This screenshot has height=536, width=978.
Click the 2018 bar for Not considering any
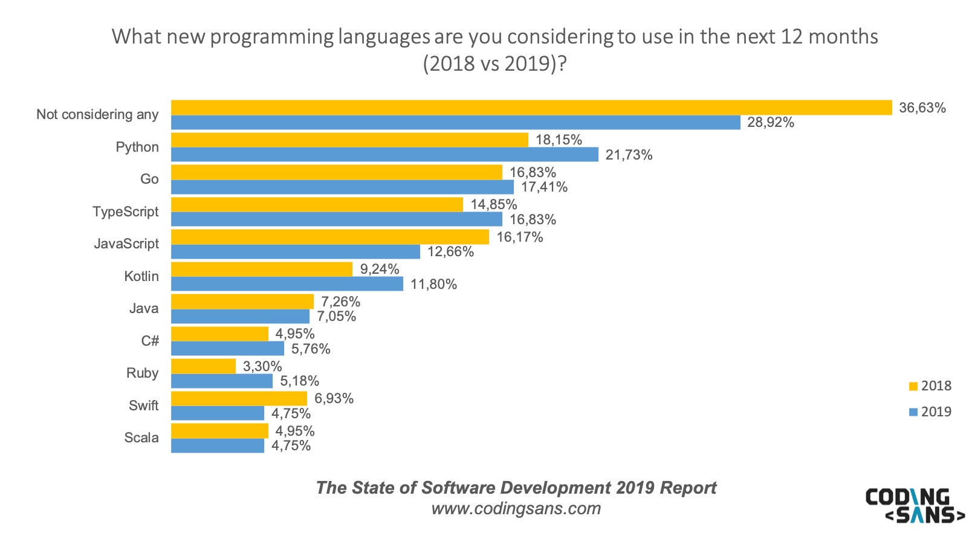pyautogui.click(x=531, y=108)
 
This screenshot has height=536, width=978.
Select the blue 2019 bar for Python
pyautogui.click(x=384, y=155)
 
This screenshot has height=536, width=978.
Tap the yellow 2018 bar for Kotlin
pyautogui.click(x=261, y=269)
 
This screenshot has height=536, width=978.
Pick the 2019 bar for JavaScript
pyautogui.click(x=295, y=251)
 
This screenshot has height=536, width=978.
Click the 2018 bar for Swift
pyautogui.click(x=239, y=398)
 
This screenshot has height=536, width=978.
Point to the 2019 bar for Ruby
pyautogui.click(x=221, y=381)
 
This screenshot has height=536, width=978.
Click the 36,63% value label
pyautogui.click(x=922, y=108)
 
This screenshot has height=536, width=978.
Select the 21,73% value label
pyautogui.click(x=629, y=155)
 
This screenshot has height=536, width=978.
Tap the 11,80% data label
pyautogui.click(x=433, y=284)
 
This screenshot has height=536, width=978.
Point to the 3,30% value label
pyautogui.click(x=262, y=366)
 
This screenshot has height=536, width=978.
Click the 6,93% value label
pyautogui.click(x=334, y=398)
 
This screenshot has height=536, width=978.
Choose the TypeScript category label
pyautogui.click(x=125, y=211)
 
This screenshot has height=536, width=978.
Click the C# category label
pyautogui.click(x=150, y=341)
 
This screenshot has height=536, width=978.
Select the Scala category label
pyautogui.click(x=141, y=438)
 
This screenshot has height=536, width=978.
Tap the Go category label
pyautogui.click(x=149, y=179)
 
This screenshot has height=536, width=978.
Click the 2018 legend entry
pyautogui.click(x=930, y=386)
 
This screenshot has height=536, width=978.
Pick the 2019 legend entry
pyautogui.click(x=930, y=412)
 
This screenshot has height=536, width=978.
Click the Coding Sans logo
pyautogui.click(x=915, y=505)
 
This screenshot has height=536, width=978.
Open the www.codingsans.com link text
pyautogui.click(x=516, y=508)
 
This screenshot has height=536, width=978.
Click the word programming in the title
pyautogui.click(x=271, y=37)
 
